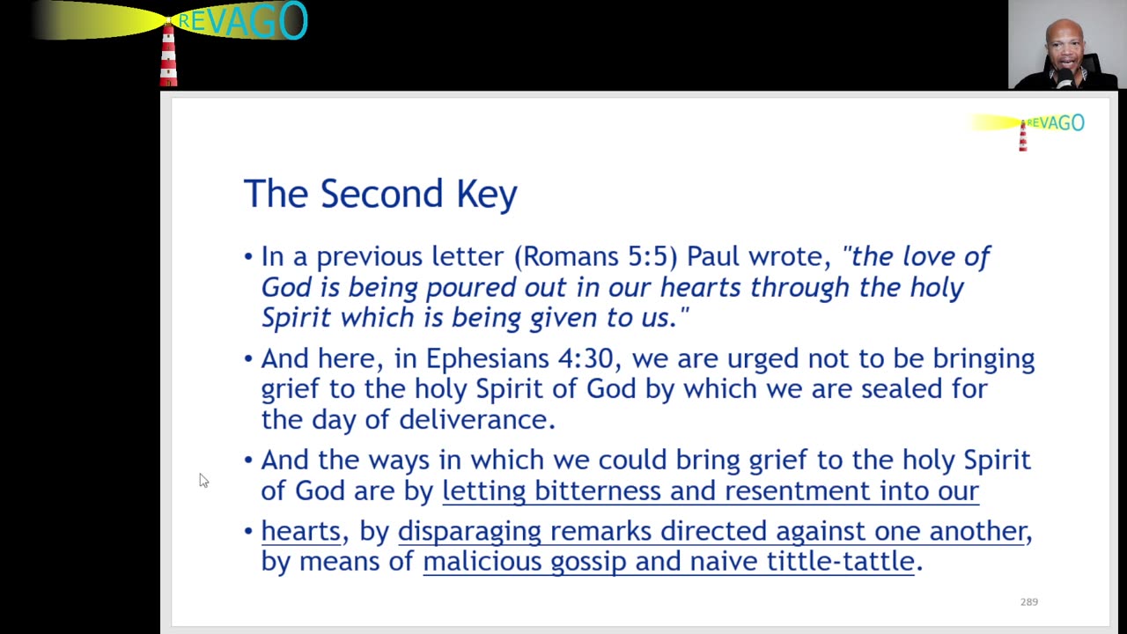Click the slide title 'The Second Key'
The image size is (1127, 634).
[x=380, y=194]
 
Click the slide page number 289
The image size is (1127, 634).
[x=1029, y=601]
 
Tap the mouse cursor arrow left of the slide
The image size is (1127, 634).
[x=203, y=480]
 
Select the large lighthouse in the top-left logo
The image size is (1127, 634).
[x=168, y=53]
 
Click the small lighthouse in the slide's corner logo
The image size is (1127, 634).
[x=1023, y=136]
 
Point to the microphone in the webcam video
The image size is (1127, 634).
[x=1065, y=78]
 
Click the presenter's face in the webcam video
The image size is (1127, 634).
[x=1064, y=49]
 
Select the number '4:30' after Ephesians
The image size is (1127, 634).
[x=586, y=358]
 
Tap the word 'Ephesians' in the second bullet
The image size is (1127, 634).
[x=488, y=359]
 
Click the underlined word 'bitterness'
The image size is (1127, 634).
[x=598, y=490]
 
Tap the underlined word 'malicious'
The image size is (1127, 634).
[x=482, y=562]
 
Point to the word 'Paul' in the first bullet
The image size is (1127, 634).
[x=713, y=256]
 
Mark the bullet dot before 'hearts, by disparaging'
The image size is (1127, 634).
[x=248, y=531]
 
